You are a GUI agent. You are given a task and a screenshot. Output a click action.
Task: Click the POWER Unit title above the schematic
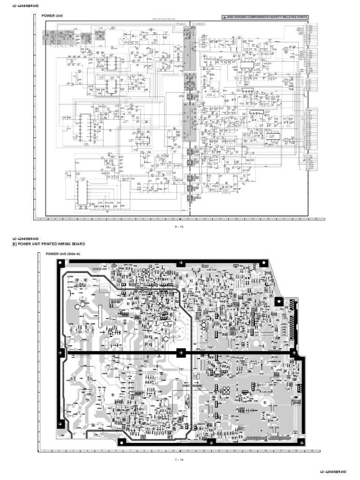click(x=52, y=16)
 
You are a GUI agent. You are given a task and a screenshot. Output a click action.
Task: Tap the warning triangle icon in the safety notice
click(x=224, y=17)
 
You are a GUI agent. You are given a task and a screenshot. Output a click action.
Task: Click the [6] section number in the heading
click(x=15, y=244)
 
